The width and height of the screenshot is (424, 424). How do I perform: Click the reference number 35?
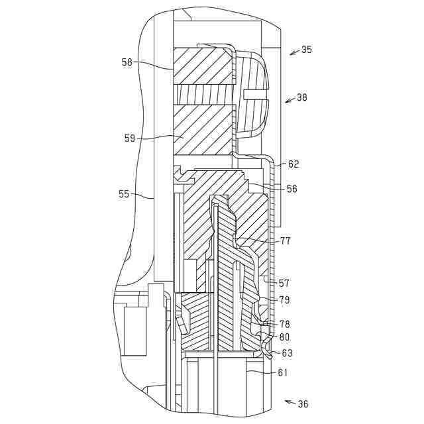pyautogui.click(x=307, y=50)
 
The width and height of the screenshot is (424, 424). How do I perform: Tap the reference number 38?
pyautogui.click(x=302, y=97)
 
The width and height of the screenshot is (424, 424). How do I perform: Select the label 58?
pyautogui.click(x=127, y=62)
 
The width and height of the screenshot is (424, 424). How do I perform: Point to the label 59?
pyautogui.click(x=130, y=138)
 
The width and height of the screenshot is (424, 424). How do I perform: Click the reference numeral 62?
pyautogui.click(x=293, y=164)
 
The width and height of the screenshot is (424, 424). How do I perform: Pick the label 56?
pyautogui.click(x=291, y=189)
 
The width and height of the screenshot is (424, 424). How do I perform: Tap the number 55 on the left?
pyautogui.click(x=124, y=194)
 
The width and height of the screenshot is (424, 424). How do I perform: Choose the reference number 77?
pyautogui.click(x=286, y=241)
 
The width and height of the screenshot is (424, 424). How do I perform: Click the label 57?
pyautogui.click(x=284, y=283)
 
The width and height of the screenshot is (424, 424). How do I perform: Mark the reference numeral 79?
pyautogui.click(x=284, y=300)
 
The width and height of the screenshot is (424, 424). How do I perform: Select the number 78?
pyautogui.click(x=284, y=325)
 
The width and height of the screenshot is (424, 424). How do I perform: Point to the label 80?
pyautogui.click(x=284, y=337)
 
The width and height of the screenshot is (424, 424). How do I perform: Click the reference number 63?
pyautogui.click(x=287, y=353)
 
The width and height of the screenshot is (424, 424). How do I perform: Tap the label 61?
pyautogui.click(x=283, y=373)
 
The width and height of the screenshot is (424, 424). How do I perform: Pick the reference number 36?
pyautogui.click(x=303, y=403)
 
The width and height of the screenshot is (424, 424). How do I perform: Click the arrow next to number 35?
pyautogui.click(x=293, y=52)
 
